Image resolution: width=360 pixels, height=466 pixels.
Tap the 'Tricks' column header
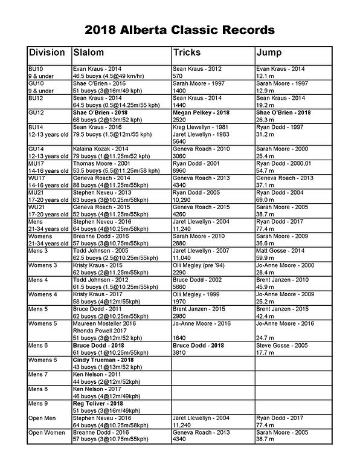click(187, 53)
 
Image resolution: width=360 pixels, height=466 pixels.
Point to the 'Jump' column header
click(269, 53)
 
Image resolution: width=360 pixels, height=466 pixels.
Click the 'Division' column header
click(47, 53)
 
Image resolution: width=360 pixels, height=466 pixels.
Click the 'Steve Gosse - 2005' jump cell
click(281, 345)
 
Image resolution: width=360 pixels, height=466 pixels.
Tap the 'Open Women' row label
click(47, 433)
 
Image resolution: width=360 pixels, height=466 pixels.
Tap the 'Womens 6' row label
click(43, 360)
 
